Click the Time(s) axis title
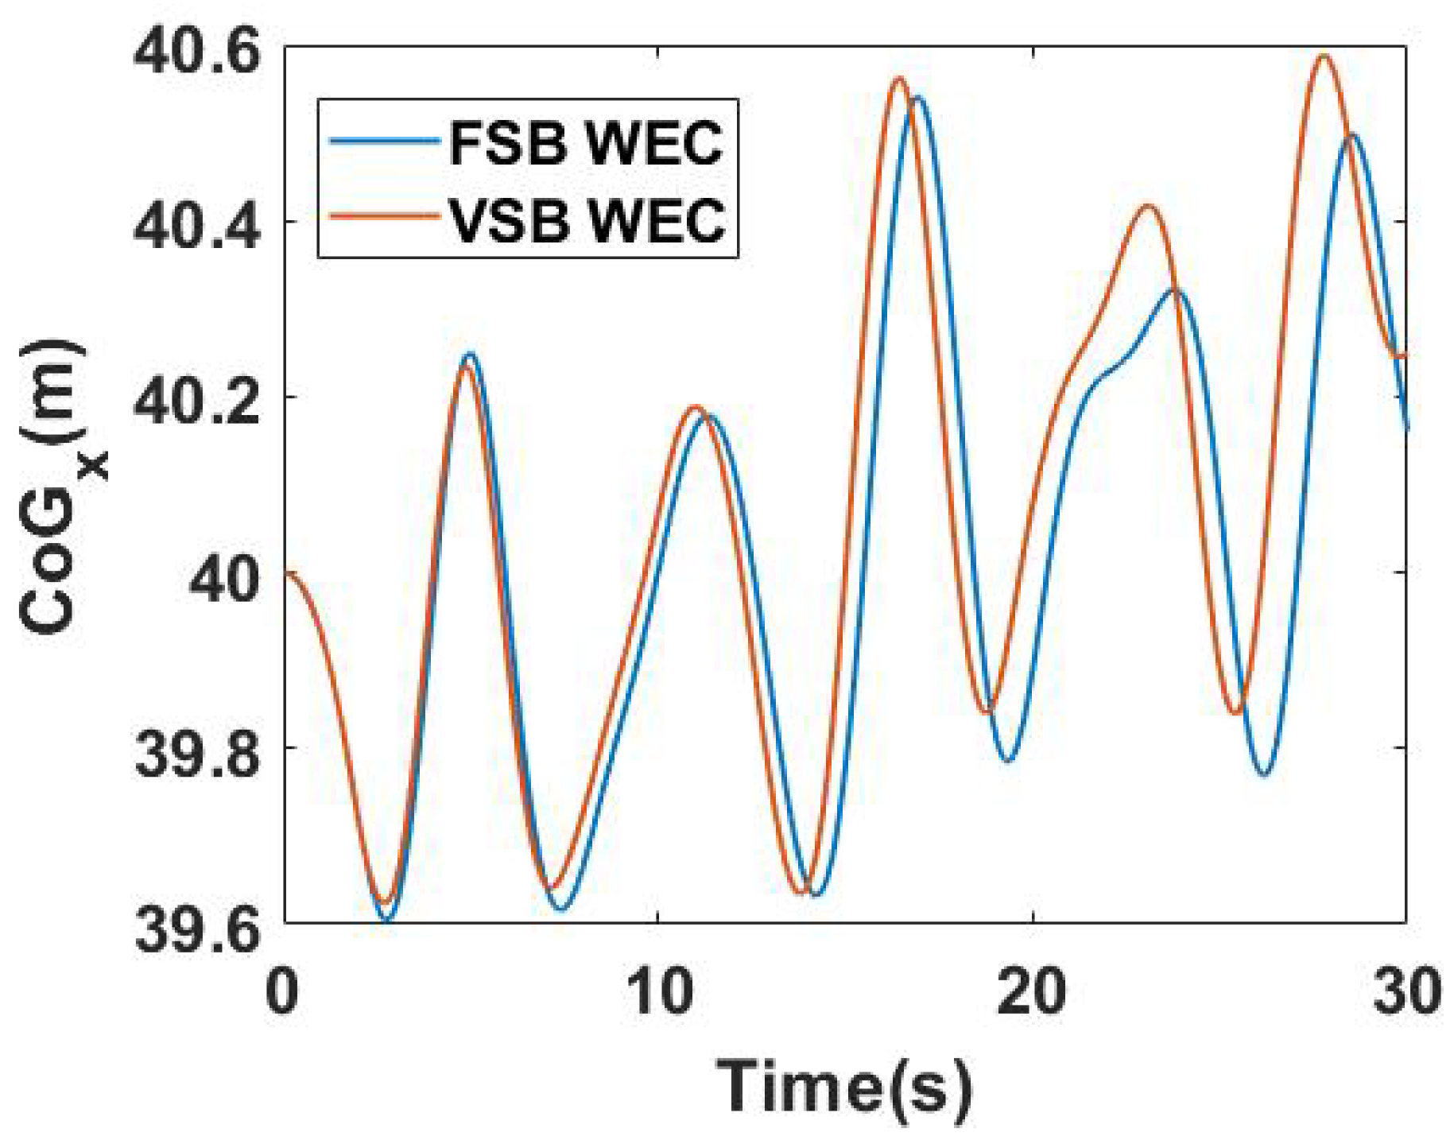click(x=844, y=1087)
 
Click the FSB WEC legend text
click(x=587, y=144)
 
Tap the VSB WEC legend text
click(x=587, y=219)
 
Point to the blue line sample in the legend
click(x=385, y=141)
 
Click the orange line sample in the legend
click(x=385, y=216)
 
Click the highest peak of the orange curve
click(x=1324, y=55)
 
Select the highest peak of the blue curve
click(x=918, y=98)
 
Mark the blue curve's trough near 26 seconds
click(x=1265, y=774)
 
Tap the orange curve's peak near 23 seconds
click(x=1147, y=206)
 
